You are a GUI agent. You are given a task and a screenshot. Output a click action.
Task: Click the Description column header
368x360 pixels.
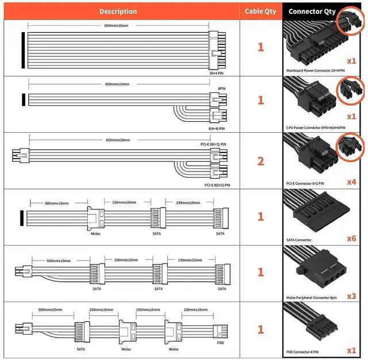point(118,11)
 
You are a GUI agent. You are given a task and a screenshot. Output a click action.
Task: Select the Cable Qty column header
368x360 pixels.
point(260,11)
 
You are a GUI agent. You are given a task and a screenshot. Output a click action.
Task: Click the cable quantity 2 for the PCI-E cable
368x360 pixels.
point(260,160)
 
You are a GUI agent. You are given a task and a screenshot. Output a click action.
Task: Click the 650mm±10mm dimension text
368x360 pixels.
point(118,140)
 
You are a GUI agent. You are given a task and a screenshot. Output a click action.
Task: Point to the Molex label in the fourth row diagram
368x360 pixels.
point(95,233)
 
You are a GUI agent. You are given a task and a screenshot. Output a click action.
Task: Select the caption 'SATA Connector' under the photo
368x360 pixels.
point(298,239)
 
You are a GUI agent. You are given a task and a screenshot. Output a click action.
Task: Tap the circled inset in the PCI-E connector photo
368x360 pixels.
point(351,146)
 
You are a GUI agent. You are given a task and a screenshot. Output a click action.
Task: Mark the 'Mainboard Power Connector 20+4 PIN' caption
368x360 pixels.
point(315,70)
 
